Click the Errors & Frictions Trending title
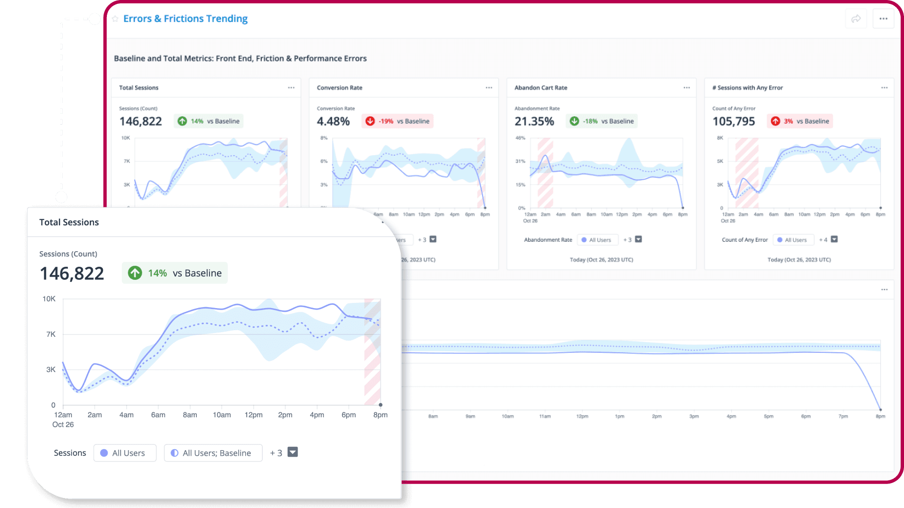click(185, 19)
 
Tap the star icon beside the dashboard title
click(115, 19)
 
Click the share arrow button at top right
click(856, 19)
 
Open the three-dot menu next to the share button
click(883, 19)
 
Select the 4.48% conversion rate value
click(333, 121)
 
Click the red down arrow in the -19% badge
click(370, 121)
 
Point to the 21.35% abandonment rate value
click(534, 121)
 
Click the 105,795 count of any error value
click(734, 121)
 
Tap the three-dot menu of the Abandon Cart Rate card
click(686, 88)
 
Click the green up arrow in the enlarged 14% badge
click(135, 273)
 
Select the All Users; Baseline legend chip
click(213, 453)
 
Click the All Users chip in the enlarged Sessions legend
click(125, 453)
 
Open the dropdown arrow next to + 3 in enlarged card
click(293, 452)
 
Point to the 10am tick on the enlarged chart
click(222, 415)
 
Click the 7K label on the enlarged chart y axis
click(51, 334)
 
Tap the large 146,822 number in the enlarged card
click(72, 273)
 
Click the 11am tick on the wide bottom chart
click(545, 416)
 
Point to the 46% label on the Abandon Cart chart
click(520, 138)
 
